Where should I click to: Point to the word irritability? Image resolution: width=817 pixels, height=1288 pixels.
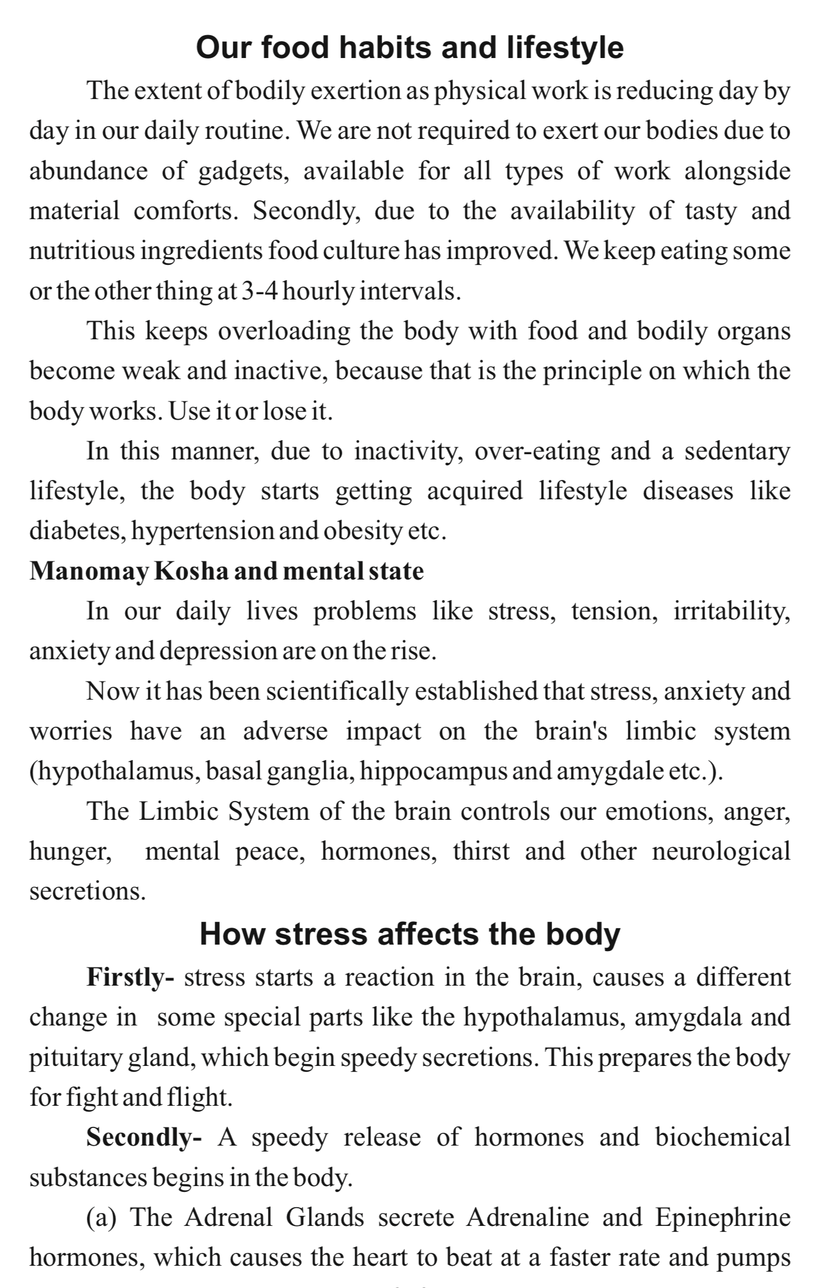click(x=731, y=612)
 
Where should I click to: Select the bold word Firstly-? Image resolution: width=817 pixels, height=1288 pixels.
click(x=130, y=977)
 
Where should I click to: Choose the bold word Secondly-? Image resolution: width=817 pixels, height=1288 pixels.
click(x=144, y=1137)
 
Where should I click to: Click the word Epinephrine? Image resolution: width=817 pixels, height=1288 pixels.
click(x=723, y=1217)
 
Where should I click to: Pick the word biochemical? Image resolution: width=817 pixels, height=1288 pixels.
click(x=723, y=1137)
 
